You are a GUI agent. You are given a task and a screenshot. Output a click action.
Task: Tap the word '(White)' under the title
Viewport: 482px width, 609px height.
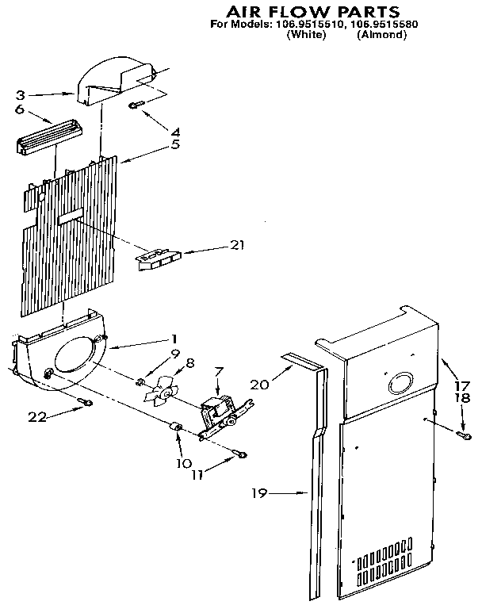[x=305, y=36]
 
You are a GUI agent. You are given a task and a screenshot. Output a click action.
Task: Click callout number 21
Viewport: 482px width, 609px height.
[x=235, y=245]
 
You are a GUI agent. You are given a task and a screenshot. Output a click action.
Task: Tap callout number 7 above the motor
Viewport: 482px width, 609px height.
[x=220, y=371]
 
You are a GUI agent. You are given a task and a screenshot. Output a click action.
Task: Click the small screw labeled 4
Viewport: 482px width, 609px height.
[x=136, y=103]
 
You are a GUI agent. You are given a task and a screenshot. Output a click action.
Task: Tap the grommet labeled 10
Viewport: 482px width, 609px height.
[x=177, y=431]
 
